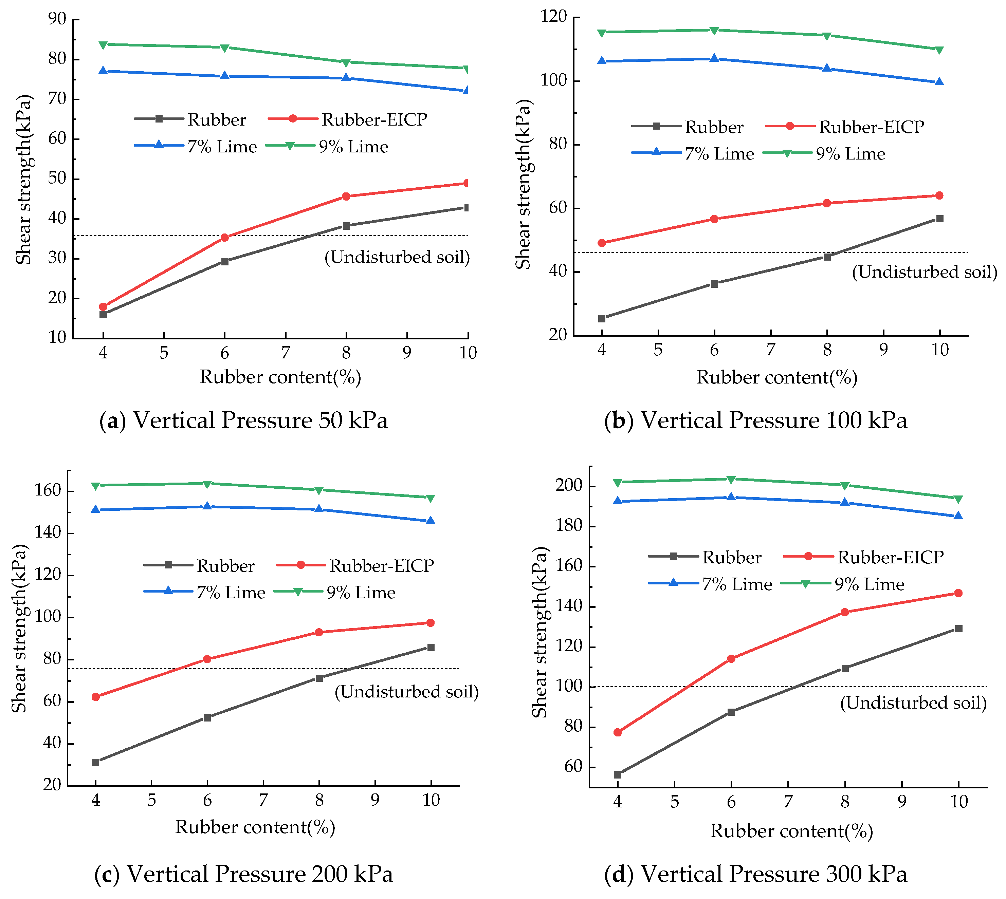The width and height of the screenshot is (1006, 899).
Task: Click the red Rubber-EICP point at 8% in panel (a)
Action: tap(346, 196)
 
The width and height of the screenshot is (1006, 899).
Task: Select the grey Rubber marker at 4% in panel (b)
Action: tap(602, 319)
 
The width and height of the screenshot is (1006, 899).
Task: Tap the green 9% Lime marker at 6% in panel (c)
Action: tap(207, 484)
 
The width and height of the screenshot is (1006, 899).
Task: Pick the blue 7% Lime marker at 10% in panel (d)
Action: tap(958, 516)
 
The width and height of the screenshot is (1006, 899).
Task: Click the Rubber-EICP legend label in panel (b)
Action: tap(872, 127)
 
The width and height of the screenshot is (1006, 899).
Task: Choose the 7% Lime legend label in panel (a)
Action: tap(222, 147)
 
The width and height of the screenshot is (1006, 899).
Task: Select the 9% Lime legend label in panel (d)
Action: tap(870, 584)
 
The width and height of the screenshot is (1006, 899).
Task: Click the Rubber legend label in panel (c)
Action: tap(225, 566)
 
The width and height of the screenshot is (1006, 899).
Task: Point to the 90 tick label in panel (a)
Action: tap(57, 19)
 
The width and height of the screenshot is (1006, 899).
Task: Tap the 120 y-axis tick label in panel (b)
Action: tap(554, 16)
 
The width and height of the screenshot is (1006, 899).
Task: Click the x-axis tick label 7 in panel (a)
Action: tap(285, 353)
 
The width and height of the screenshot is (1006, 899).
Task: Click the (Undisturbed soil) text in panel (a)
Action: tap(397, 257)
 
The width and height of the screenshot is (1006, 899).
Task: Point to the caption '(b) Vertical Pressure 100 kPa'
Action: tap(755, 420)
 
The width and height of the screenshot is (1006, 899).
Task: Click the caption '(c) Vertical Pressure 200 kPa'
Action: tap(243, 874)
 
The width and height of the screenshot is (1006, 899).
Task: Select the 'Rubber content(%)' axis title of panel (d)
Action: tap(791, 831)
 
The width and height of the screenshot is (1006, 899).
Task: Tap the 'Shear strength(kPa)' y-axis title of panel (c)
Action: tap(20, 628)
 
